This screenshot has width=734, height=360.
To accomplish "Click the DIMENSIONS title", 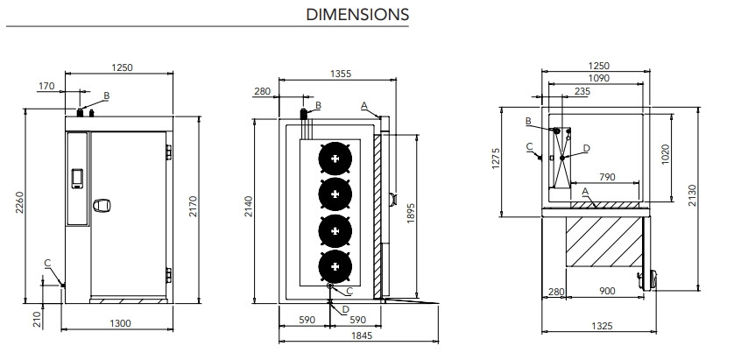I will (x=356, y=15).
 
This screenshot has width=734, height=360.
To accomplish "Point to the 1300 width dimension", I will (x=121, y=324).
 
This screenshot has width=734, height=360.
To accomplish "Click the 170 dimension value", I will (x=46, y=86).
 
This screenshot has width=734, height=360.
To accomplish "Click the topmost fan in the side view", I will (x=336, y=158).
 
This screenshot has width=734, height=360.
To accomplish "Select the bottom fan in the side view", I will (x=336, y=263).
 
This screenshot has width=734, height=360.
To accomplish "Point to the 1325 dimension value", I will (x=599, y=326).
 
